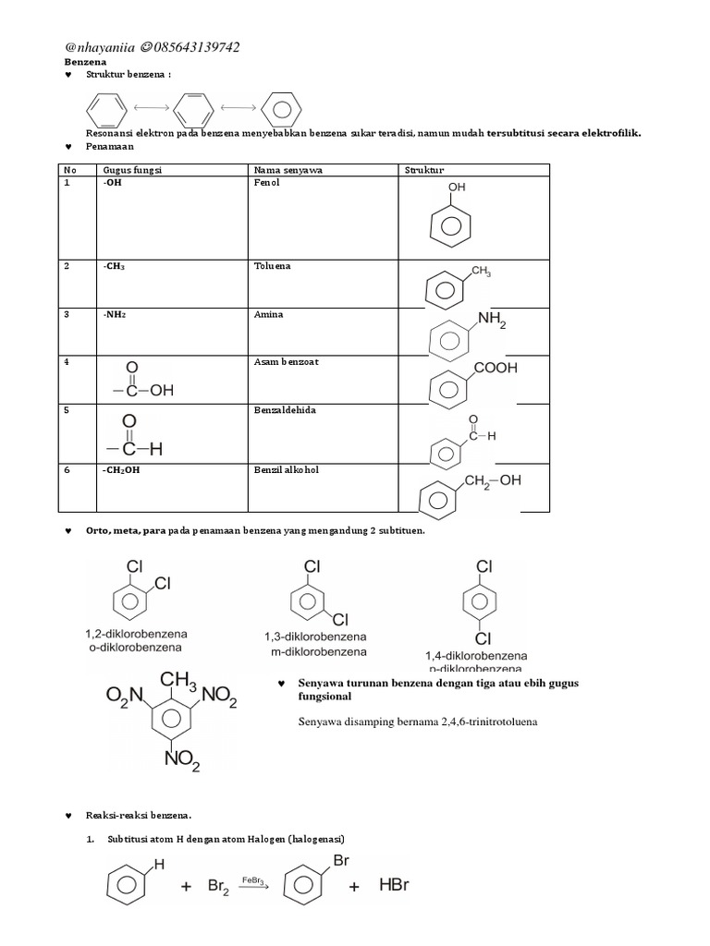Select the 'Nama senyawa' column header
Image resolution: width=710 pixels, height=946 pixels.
[x=283, y=171]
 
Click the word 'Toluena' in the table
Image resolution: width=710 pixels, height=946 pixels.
[x=272, y=266]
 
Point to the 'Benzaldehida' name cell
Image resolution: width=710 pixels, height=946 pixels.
[x=284, y=410]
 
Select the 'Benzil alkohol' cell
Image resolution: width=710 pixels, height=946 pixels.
[x=286, y=470]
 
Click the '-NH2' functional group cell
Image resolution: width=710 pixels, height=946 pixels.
[x=116, y=315]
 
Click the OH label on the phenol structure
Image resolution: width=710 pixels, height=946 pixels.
[x=457, y=187]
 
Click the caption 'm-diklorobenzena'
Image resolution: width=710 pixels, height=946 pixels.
[x=318, y=651]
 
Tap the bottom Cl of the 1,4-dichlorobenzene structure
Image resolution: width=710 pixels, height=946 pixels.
[x=483, y=638]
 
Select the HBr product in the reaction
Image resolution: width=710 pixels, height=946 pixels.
[x=393, y=885]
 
